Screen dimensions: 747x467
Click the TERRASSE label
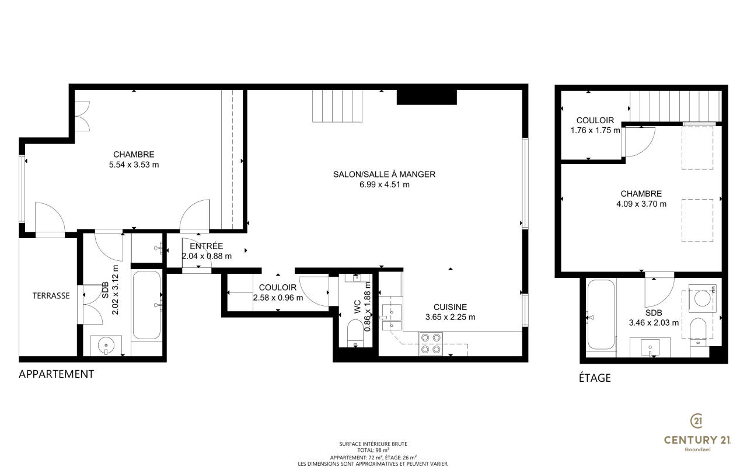[51, 295]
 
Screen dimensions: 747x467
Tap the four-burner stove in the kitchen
[431, 343]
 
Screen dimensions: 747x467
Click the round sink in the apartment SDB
[106, 344]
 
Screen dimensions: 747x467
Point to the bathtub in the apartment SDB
[146, 305]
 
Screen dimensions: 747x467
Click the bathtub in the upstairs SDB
[601, 315]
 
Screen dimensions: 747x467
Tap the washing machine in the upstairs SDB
[702, 298]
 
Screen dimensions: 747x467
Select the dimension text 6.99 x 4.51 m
[385, 184]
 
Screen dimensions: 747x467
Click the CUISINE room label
[450, 307]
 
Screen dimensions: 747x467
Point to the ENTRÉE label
[207, 246]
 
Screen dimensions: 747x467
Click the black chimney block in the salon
[427, 97]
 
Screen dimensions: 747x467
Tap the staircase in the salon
[337, 106]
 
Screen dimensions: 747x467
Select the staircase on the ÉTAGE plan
[676, 106]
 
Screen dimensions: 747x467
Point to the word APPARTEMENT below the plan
[57, 374]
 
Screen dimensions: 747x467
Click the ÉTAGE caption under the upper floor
[595, 378]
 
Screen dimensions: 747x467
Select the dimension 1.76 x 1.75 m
[595, 130]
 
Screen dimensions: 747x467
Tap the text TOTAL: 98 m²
[373, 450]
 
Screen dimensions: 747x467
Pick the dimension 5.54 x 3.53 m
[134, 165]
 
